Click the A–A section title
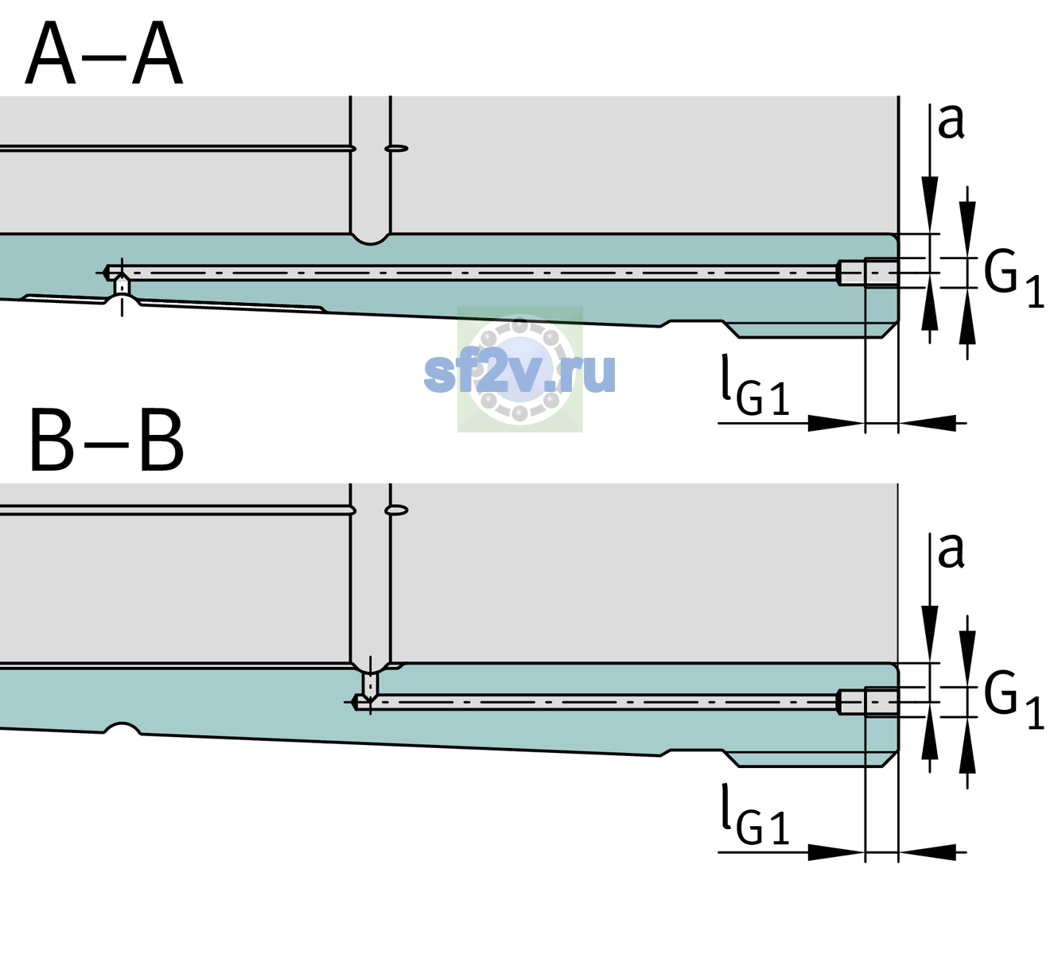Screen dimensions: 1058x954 [103, 53]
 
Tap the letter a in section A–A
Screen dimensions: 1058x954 [951, 122]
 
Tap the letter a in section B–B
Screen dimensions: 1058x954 [951, 551]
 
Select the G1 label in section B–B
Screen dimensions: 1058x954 [1013, 701]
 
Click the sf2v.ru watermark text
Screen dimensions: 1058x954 [519, 372]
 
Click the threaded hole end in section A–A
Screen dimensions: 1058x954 [868, 273]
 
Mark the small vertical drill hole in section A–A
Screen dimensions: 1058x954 [122, 285]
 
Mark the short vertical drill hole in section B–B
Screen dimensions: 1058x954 [371, 684]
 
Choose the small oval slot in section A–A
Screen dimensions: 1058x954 [396, 149]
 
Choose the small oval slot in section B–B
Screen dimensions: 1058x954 [396, 510]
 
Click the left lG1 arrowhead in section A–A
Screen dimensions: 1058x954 [837, 423]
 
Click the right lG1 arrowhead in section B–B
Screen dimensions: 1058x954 [928, 852]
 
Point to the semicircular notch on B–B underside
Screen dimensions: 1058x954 [123, 728]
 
